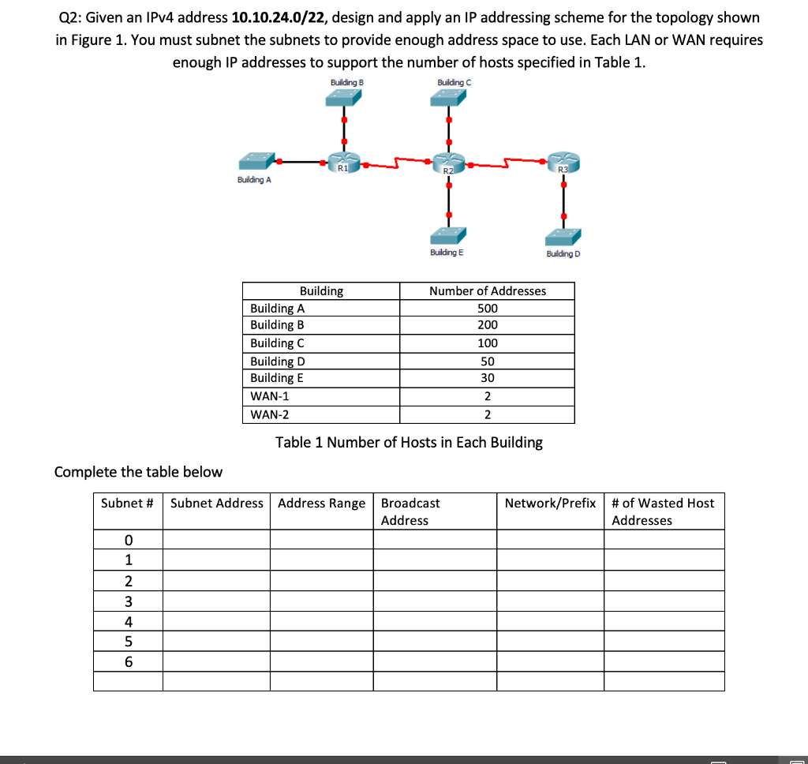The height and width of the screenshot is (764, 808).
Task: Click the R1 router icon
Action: (343, 163)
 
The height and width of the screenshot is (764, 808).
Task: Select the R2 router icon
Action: (449, 165)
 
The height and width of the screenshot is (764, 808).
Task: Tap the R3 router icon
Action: (563, 163)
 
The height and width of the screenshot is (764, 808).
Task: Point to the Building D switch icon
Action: (563, 236)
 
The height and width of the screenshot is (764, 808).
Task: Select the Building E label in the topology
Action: (447, 253)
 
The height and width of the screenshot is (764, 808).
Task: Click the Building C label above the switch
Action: (454, 82)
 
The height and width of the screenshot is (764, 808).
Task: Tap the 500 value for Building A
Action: (488, 309)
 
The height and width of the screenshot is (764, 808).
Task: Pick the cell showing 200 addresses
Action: (488, 325)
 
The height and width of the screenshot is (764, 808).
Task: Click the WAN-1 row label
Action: (270, 396)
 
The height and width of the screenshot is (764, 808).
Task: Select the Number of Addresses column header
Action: (488, 291)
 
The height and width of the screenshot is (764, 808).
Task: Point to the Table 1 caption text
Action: (409, 442)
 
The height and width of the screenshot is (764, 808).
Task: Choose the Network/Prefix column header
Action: (550, 504)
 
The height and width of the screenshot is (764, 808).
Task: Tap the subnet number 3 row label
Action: (128, 601)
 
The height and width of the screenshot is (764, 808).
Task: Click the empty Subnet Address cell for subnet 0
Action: (216, 540)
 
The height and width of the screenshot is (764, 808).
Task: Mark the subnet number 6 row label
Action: (128, 661)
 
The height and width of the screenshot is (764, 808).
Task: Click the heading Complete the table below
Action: (138, 472)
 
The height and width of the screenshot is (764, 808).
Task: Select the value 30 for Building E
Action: (488, 378)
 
